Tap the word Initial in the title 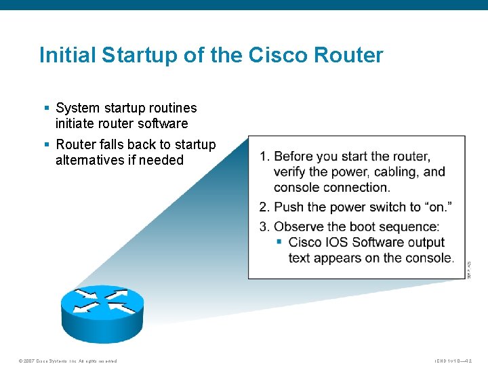tap(66, 55)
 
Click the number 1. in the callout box tap(264, 157)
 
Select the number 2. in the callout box tap(264, 207)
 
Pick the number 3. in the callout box tap(264, 227)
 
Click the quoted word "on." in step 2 tap(439, 207)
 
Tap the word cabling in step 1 tap(396, 172)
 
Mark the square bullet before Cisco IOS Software tap(279, 242)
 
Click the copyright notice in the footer tap(68, 361)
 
